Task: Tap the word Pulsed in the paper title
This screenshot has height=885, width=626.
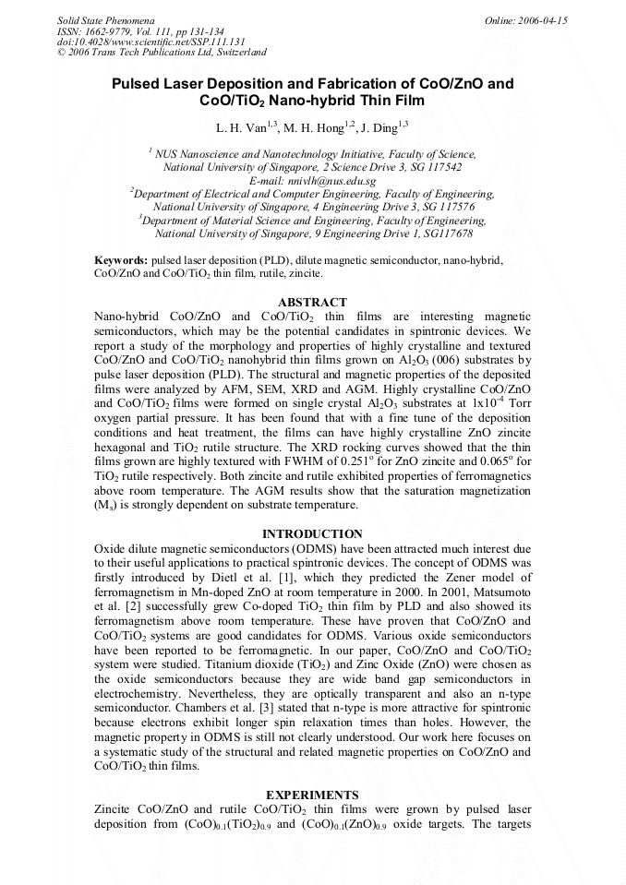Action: pyautogui.click(x=139, y=84)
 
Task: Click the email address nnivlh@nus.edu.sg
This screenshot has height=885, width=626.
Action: pyautogui.click(x=312, y=181)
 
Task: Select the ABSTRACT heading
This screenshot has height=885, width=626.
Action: pyautogui.click(x=313, y=303)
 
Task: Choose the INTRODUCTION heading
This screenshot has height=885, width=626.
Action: pyautogui.click(x=312, y=534)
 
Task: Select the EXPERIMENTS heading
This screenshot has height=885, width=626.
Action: pyautogui.click(x=312, y=795)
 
